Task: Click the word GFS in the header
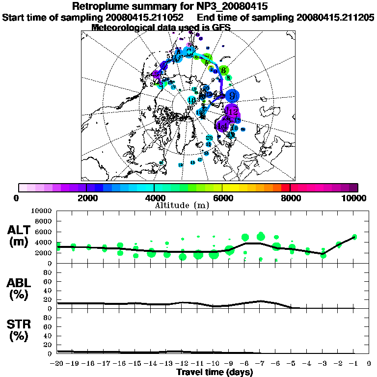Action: (221, 27)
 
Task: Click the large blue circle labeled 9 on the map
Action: (234, 95)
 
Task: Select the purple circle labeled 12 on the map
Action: (232, 111)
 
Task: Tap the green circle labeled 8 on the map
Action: (224, 71)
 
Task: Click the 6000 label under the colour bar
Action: (222, 198)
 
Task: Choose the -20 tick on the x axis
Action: (58, 363)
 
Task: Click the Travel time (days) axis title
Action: (215, 372)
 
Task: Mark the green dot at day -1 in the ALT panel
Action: (354, 237)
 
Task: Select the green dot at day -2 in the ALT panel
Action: (339, 244)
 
